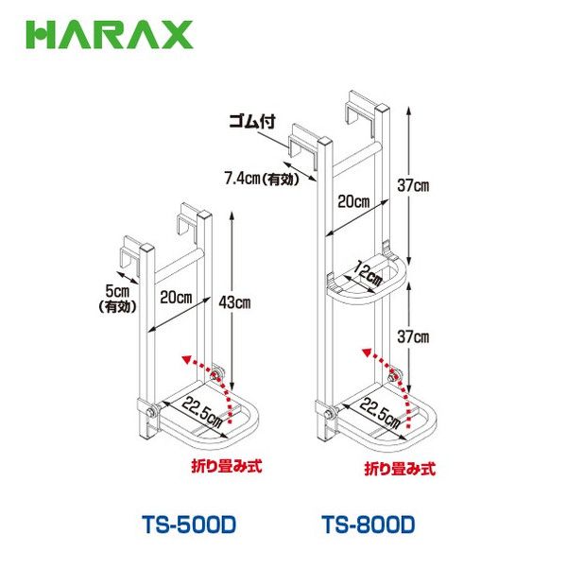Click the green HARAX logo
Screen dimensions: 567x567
tap(110, 35)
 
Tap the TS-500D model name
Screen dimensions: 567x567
tap(189, 524)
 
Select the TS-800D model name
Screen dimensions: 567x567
tap(369, 524)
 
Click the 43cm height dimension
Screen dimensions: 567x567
tap(234, 302)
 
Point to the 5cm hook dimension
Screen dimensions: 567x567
tap(117, 290)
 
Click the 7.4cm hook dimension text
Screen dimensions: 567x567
tap(262, 179)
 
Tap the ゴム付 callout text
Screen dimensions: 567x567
tap(252, 122)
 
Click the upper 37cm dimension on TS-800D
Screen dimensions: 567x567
tap(413, 186)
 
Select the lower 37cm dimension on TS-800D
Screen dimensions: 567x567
tap(413, 337)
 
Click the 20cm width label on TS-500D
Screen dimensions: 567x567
tap(176, 298)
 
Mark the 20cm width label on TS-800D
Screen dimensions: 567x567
tap(353, 201)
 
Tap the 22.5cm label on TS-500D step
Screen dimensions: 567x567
tap(202, 411)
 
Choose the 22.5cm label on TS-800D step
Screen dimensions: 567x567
tap(380, 413)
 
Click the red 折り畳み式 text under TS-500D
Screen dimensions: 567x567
tap(227, 466)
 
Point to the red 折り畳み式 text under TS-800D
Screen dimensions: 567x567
tap(400, 469)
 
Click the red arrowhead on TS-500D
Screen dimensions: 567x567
tap(187, 359)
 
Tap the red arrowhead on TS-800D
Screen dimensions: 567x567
tap(367, 352)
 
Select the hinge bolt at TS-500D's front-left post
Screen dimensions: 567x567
tap(149, 411)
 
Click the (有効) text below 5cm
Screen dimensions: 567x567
tap(117, 307)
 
